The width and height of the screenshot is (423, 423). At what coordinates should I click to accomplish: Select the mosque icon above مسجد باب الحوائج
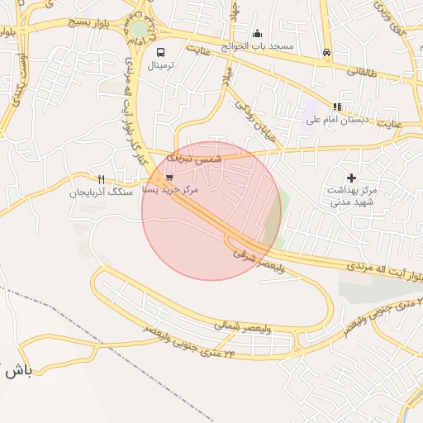tap(258, 34)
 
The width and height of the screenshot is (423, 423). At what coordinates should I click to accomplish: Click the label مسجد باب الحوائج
tap(263, 46)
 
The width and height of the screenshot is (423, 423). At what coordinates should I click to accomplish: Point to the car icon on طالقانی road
tap(327, 54)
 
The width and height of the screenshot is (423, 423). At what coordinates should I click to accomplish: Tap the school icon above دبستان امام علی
tap(336, 107)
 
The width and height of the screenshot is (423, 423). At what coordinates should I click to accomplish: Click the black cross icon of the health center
tap(351, 178)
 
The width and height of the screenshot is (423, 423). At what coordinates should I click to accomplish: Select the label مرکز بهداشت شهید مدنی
tap(351, 196)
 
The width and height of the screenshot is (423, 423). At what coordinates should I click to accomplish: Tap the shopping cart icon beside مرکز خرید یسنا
tap(169, 177)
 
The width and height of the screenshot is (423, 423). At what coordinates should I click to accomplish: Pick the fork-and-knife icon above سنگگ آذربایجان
tap(101, 179)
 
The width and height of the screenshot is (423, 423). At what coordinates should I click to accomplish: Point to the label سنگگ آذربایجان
tap(100, 192)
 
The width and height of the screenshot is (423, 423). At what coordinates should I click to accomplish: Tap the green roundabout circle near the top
tap(140, 30)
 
